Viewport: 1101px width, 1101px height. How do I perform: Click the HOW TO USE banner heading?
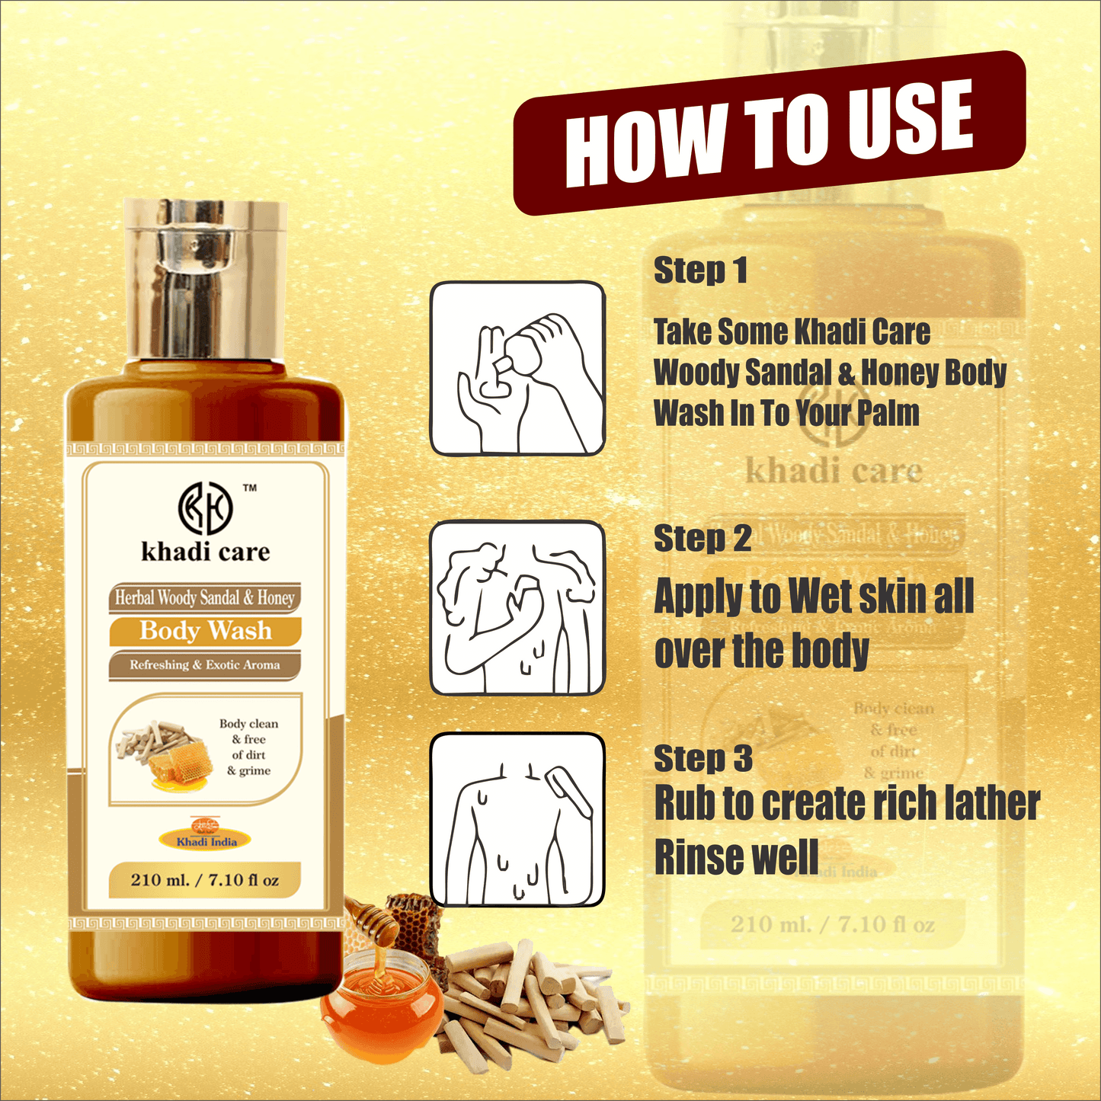(770, 133)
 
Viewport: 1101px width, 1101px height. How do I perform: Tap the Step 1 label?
(700, 270)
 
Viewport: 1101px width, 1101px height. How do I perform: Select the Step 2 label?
(703, 539)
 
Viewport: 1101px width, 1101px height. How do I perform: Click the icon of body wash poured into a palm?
(517, 369)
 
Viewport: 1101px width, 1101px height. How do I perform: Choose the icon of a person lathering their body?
(517, 608)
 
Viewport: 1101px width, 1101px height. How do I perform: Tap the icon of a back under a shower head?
(517, 820)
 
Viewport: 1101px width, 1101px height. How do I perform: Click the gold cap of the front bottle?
(206, 279)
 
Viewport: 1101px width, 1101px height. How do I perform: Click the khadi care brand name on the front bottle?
(206, 552)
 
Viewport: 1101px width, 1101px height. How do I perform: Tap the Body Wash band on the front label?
(206, 631)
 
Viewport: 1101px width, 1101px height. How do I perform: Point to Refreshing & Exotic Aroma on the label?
(205, 664)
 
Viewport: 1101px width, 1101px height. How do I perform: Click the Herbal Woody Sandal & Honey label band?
(205, 598)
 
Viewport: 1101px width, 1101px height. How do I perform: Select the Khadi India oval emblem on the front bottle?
(206, 839)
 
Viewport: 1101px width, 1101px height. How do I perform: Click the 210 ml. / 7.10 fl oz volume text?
(205, 880)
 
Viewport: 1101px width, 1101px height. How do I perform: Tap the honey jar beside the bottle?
(381, 998)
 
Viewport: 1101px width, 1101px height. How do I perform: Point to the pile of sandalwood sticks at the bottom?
(526, 998)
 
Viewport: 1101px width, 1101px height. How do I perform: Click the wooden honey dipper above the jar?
(373, 922)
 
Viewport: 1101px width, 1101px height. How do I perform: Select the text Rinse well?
(736, 857)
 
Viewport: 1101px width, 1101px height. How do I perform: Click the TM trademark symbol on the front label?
(250, 488)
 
